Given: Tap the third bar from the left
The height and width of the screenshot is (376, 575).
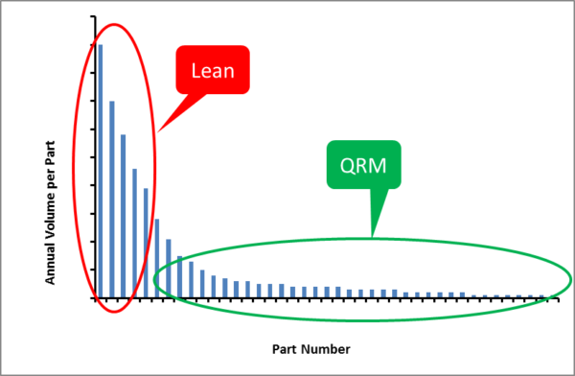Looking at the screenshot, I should click(x=123, y=216).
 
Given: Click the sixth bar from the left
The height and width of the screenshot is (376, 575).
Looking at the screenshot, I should click(x=157, y=258).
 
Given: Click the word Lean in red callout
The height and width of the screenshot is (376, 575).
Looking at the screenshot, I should click(x=214, y=70).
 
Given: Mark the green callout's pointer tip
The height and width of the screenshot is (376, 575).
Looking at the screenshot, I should click(x=373, y=236).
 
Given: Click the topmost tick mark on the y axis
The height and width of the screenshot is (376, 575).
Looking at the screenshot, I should click(x=93, y=16).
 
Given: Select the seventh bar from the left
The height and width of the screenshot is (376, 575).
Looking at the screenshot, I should click(x=169, y=268).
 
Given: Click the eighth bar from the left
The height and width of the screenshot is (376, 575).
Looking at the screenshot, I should click(x=180, y=276).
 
